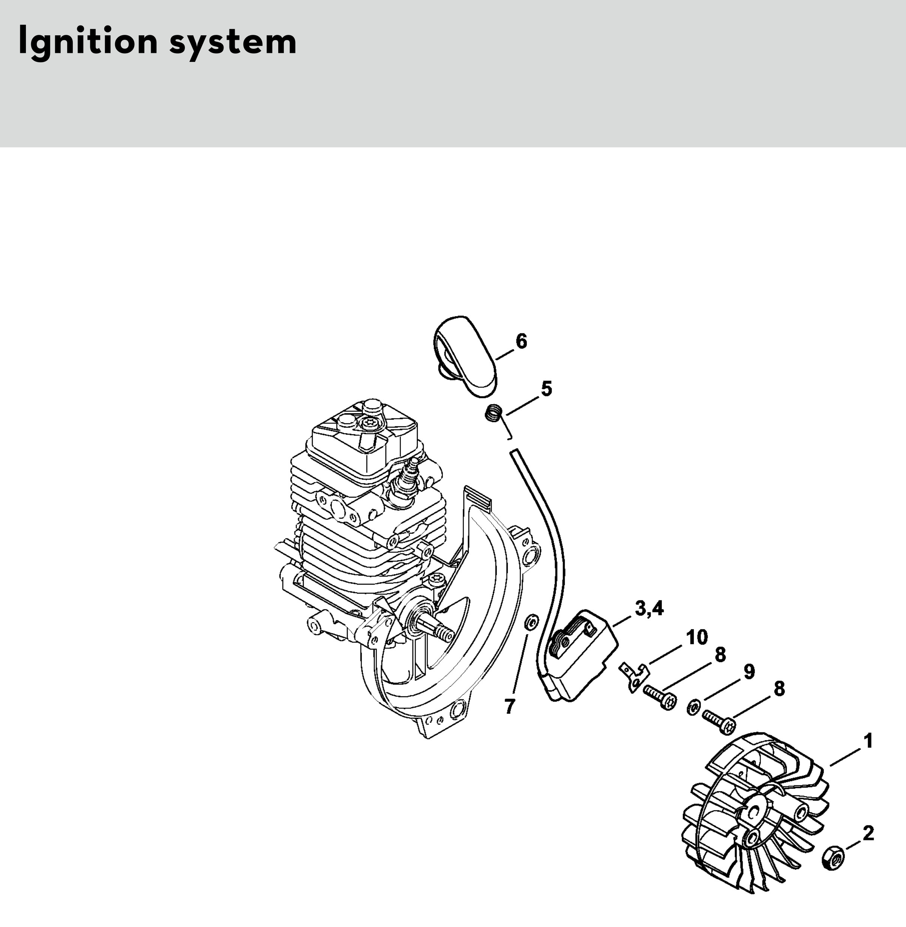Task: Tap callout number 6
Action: (522, 341)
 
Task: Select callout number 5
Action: (547, 389)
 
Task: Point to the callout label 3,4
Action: (649, 608)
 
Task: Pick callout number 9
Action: (749, 672)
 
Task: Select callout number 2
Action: (868, 833)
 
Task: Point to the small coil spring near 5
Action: (494, 412)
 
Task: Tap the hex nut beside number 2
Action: (833, 858)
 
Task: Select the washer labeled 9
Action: (693, 708)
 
